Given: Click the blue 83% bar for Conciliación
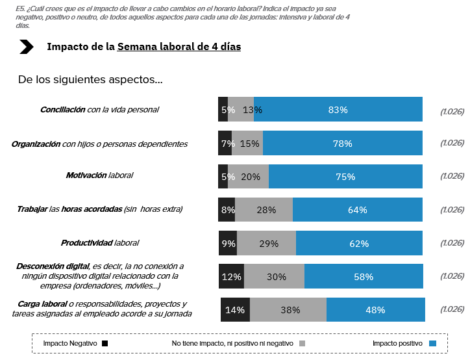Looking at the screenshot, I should pos(338,110).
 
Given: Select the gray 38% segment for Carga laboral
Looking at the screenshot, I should pos(288,310).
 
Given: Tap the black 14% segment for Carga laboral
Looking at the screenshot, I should pos(235,310).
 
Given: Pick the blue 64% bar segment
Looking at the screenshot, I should pos(357,210).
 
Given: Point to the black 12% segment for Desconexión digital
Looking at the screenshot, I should pos(231,277).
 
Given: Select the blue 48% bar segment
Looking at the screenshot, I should pos(375,310).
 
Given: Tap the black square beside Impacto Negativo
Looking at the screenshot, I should pos(105,343).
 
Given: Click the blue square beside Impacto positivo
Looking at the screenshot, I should pos(433,343).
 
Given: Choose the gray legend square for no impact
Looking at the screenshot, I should pos(302,343).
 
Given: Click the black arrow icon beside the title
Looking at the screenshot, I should pos(27,47).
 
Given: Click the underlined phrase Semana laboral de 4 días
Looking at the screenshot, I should pos(179,47).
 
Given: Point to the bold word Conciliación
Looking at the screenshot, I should pos(62,110).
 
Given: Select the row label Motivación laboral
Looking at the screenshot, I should pos(103,175).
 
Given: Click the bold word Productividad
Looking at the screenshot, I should pos(86,243).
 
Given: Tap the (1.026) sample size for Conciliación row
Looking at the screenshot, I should pos(452,110).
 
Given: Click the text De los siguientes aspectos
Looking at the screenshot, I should pos(90,80).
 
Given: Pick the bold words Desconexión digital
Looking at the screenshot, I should pos(53,266).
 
